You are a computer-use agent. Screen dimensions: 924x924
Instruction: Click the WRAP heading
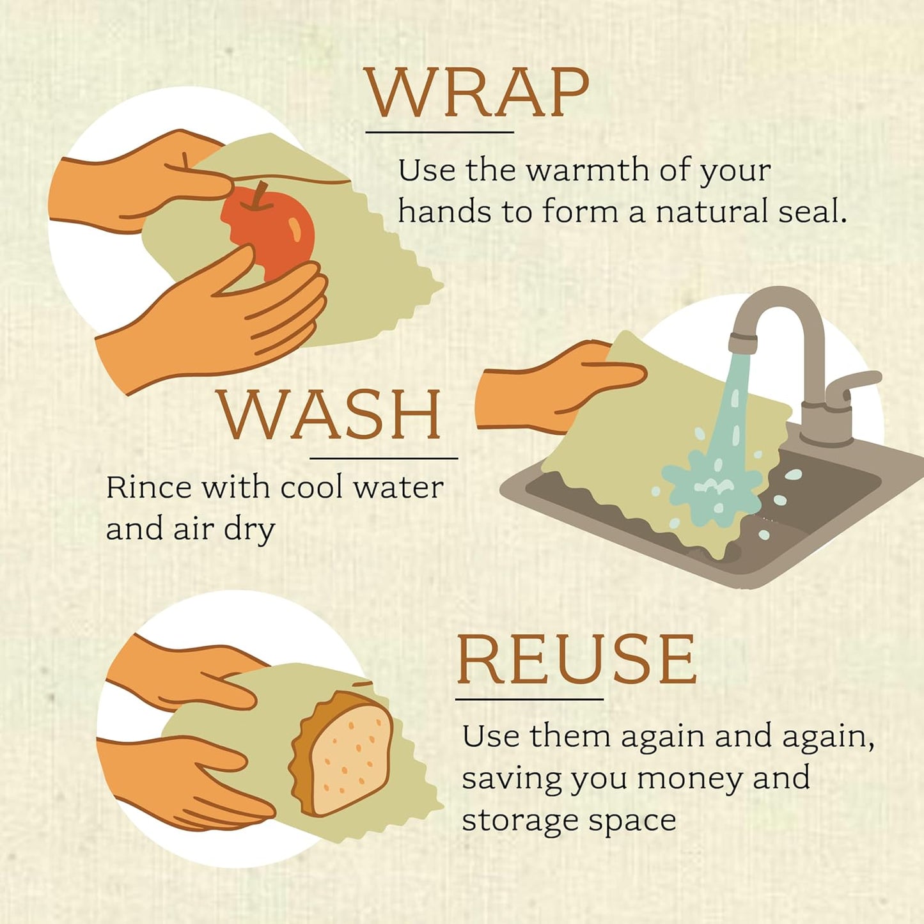click(476, 93)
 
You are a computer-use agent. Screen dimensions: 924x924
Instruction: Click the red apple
click(272, 233)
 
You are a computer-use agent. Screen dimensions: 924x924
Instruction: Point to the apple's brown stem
click(259, 195)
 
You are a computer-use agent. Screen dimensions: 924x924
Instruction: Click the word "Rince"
click(148, 488)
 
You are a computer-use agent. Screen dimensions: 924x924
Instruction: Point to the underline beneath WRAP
click(439, 132)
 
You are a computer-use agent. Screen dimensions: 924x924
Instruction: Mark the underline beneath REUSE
click(529, 699)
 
